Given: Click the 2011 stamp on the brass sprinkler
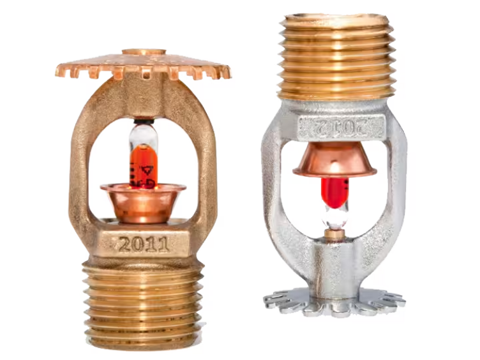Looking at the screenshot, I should point(143,243).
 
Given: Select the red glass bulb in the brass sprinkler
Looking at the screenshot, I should point(142,167).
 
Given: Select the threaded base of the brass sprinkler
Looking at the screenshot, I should point(143,300).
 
